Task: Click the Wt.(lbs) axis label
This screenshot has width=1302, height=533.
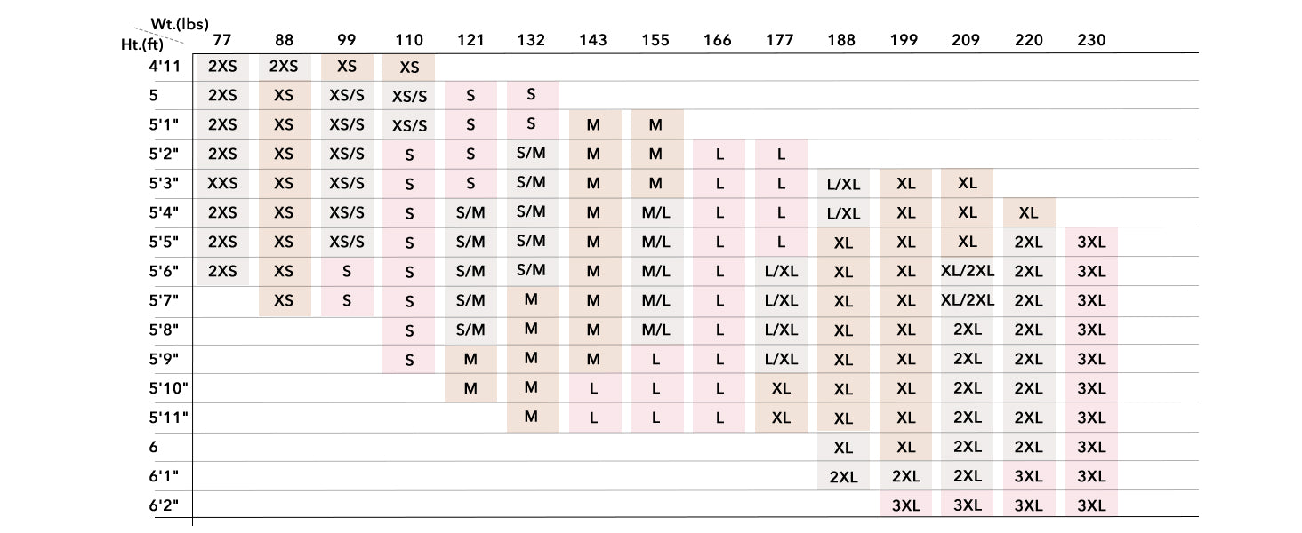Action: [180, 24]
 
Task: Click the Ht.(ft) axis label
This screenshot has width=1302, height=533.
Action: [142, 42]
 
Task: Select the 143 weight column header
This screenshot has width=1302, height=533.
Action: [593, 40]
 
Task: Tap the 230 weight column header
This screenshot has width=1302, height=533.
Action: [1091, 40]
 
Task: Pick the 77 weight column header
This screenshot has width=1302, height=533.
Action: [222, 40]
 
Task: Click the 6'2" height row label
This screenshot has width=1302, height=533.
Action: [165, 505]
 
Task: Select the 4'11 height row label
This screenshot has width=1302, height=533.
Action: [165, 66]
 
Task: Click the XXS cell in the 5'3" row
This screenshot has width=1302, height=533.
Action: [222, 183]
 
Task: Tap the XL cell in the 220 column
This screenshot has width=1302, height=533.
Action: [1029, 212]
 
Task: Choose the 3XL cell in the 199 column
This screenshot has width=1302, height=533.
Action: [905, 505]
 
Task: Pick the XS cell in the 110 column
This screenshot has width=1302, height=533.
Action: [409, 68]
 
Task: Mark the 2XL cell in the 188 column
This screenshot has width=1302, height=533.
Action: [843, 477]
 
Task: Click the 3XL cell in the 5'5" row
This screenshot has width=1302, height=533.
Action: [1091, 242]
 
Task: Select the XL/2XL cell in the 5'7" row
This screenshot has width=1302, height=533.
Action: [968, 299]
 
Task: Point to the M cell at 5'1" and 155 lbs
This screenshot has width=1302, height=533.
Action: [655, 125]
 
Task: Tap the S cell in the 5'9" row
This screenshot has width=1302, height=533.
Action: [409, 360]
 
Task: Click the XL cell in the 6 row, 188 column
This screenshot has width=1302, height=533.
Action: [843, 447]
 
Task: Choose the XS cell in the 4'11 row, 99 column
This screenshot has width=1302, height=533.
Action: [347, 67]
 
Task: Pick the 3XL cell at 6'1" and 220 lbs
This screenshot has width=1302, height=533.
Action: [1029, 476]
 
